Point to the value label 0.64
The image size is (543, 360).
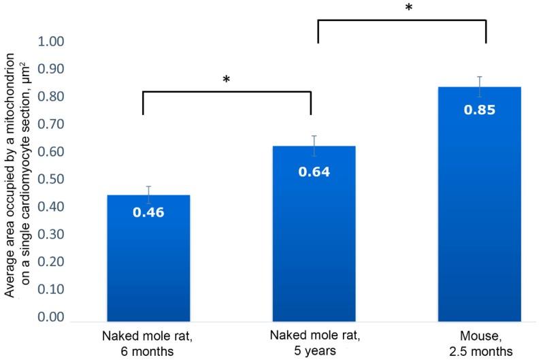click(x=314, y=171)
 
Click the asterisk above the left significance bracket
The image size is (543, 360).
click(x=227, y=80)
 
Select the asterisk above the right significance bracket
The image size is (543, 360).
click(x=408, y=9)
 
